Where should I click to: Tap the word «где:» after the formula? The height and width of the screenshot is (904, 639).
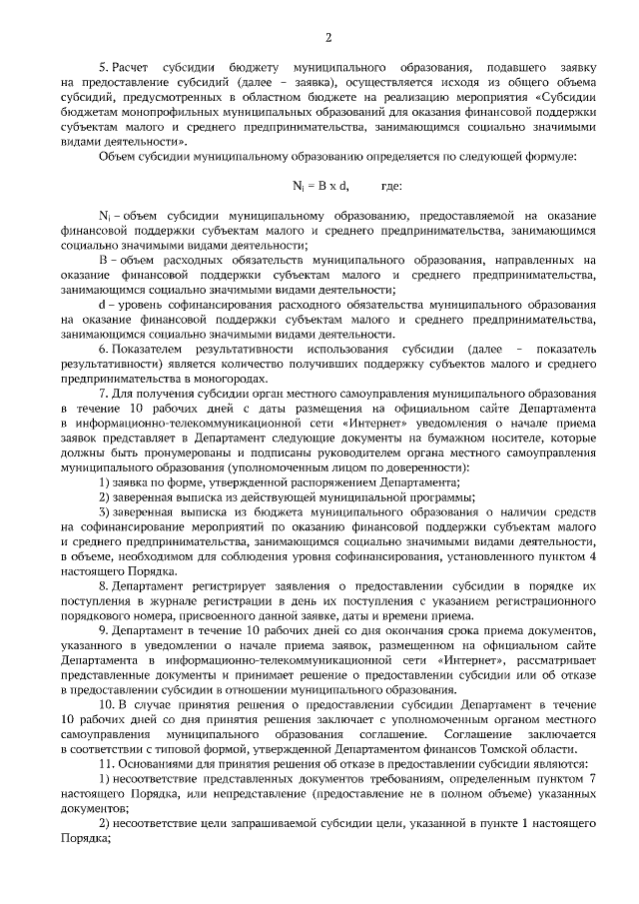tap(392, 187)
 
